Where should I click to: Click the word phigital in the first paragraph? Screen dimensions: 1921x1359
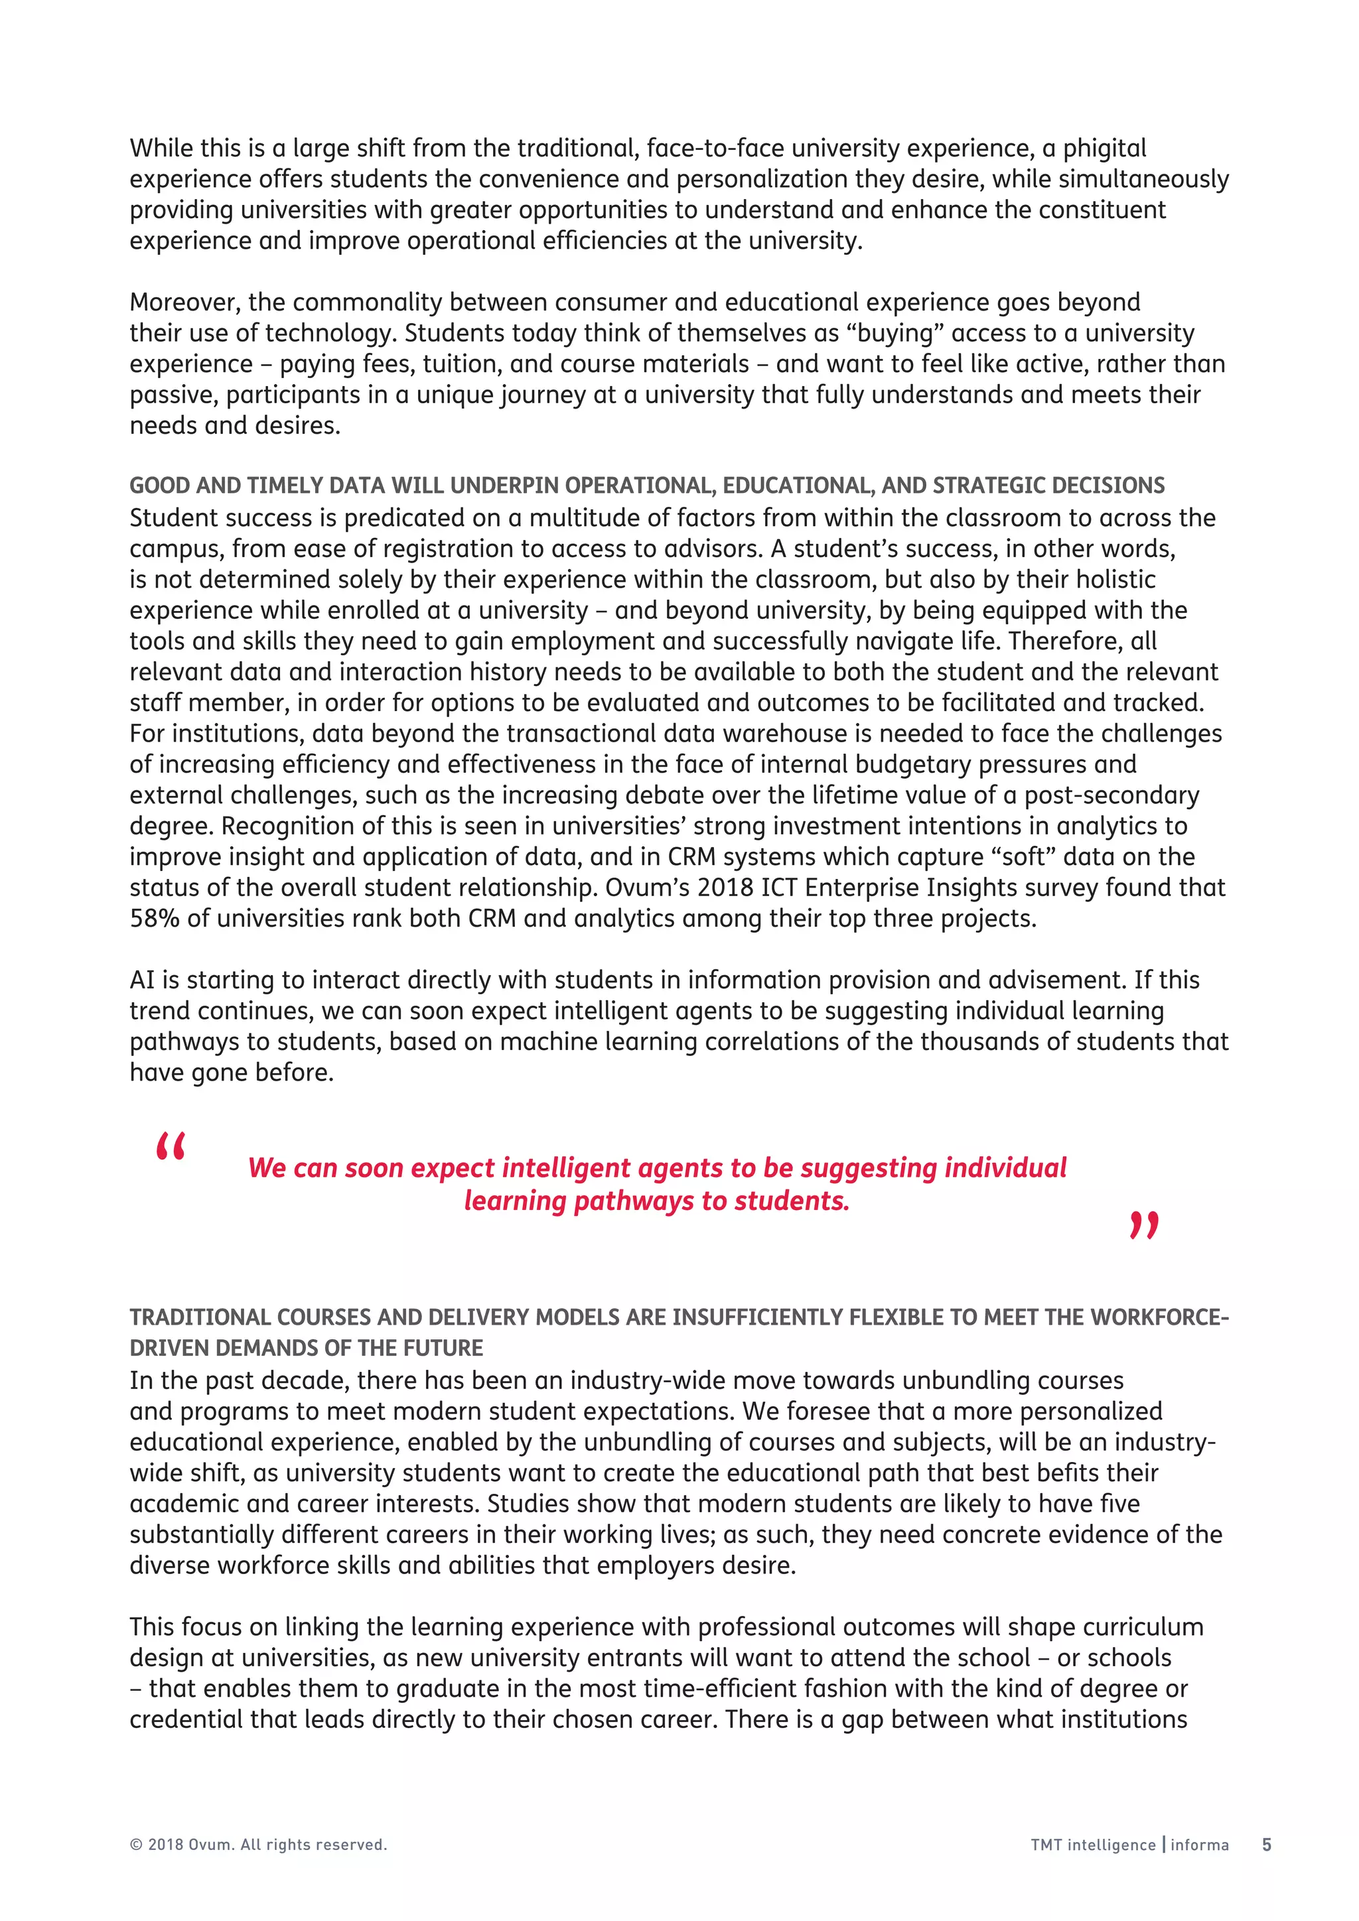pos(1105,149)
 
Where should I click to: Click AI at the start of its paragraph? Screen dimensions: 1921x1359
pos(142,980)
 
